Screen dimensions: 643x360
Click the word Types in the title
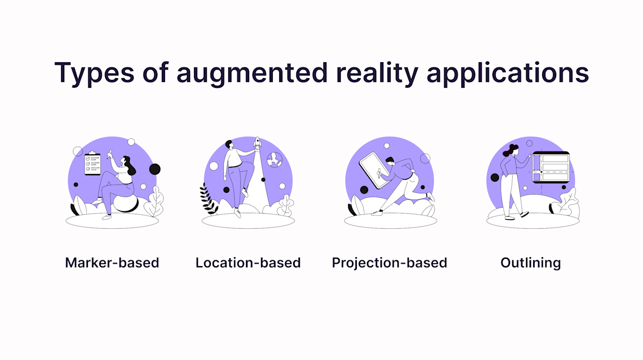(x=93, y=73)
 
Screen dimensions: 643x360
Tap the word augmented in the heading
(x=252, y=73)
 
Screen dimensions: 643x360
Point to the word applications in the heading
(x=507, y=73)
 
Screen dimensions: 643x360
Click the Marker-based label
(x=112, y=263)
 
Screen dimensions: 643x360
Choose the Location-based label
(x=248, y=263)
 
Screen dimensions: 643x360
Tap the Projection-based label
(x=390, y=263)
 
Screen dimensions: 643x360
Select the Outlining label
(x=530, y=263)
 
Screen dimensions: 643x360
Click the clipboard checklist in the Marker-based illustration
(x=93, y=163)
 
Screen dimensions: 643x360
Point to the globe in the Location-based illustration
(x=275, y=159)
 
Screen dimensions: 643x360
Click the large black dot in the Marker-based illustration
(x=154, y=169)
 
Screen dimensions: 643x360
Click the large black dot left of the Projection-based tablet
(x=364, y=190)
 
